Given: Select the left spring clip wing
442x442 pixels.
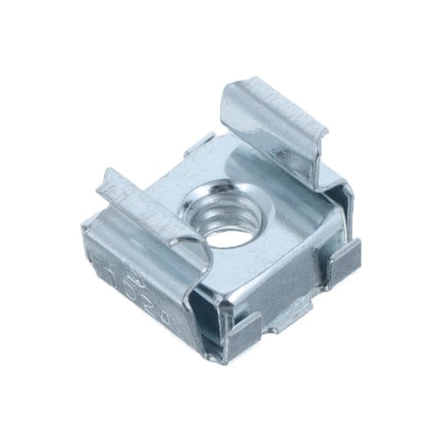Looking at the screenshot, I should [x=142, y=201].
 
